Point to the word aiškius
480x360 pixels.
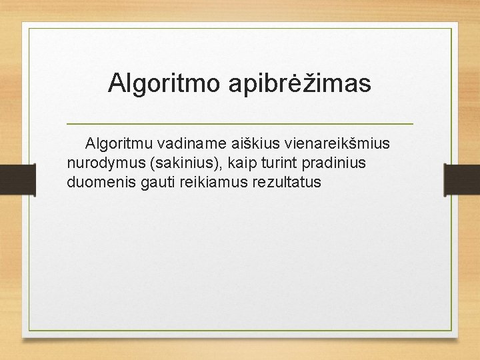(255, 143)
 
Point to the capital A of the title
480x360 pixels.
(117, 83)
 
